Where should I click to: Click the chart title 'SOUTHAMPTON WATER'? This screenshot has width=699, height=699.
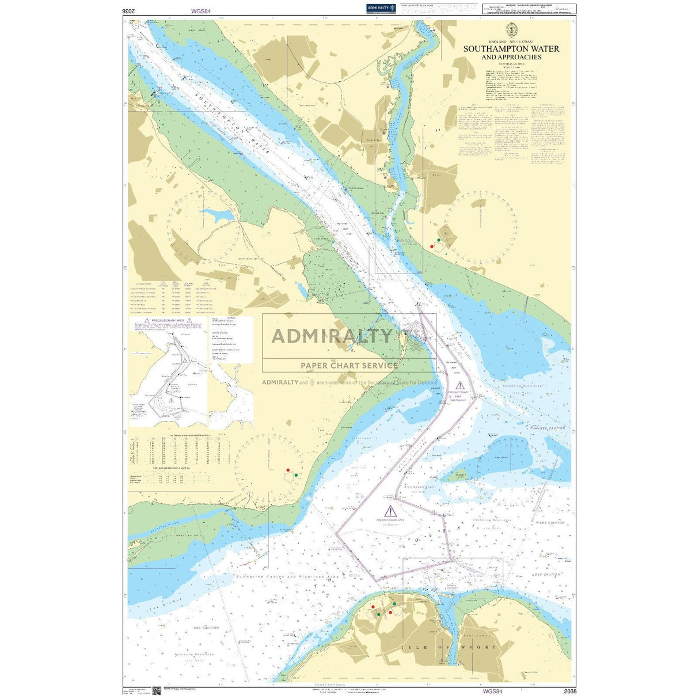[511, 49]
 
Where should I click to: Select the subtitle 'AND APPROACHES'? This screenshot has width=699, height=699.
[511, 57]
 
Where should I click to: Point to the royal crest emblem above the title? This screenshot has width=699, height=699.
[511, 30]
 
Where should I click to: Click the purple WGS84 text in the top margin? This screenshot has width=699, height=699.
[201, 11]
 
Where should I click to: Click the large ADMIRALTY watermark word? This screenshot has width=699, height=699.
[332, 336]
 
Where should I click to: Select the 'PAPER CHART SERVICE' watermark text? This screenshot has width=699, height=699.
[349, 365]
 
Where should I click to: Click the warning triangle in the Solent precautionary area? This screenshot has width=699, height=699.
[391, 510]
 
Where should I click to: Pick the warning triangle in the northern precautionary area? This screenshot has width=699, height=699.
[459, 385]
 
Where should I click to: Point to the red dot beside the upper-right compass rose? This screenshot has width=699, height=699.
[432, 246]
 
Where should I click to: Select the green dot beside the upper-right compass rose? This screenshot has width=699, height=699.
[439, 240]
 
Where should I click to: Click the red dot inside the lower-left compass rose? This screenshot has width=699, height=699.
[288, 470]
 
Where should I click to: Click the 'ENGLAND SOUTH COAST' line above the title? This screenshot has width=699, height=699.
[511, 42]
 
